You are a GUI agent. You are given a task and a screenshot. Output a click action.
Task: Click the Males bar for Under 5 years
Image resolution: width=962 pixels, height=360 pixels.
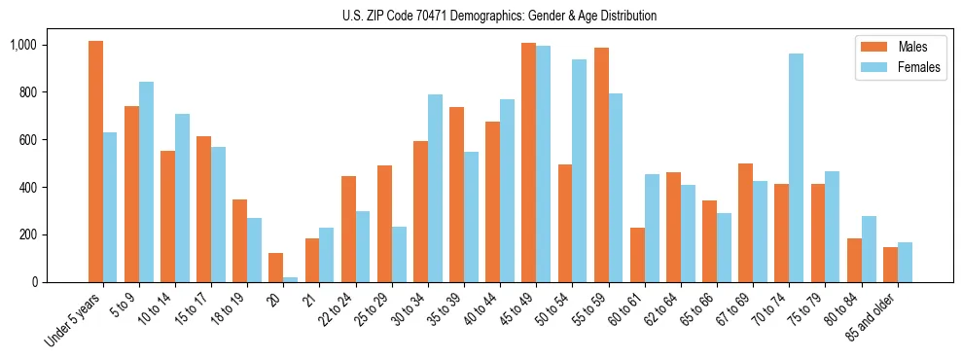tap(95, 162)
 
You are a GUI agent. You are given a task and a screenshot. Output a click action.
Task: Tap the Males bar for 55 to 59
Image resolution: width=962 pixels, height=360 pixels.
tap(601, 164)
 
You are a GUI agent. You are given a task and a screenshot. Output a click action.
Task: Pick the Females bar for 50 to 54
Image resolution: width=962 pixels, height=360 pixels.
tap(579, 170)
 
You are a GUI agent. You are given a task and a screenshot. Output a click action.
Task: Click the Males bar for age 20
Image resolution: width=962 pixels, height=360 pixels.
tap(276, 268)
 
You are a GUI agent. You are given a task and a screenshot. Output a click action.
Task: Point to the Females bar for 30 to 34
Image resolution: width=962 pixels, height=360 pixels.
tap(435, 188)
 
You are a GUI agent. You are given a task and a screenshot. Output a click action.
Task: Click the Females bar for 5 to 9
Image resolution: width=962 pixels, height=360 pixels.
tap(146, 182)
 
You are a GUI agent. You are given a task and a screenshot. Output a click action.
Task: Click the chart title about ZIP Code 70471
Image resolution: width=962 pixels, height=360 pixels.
tap(499, 16)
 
